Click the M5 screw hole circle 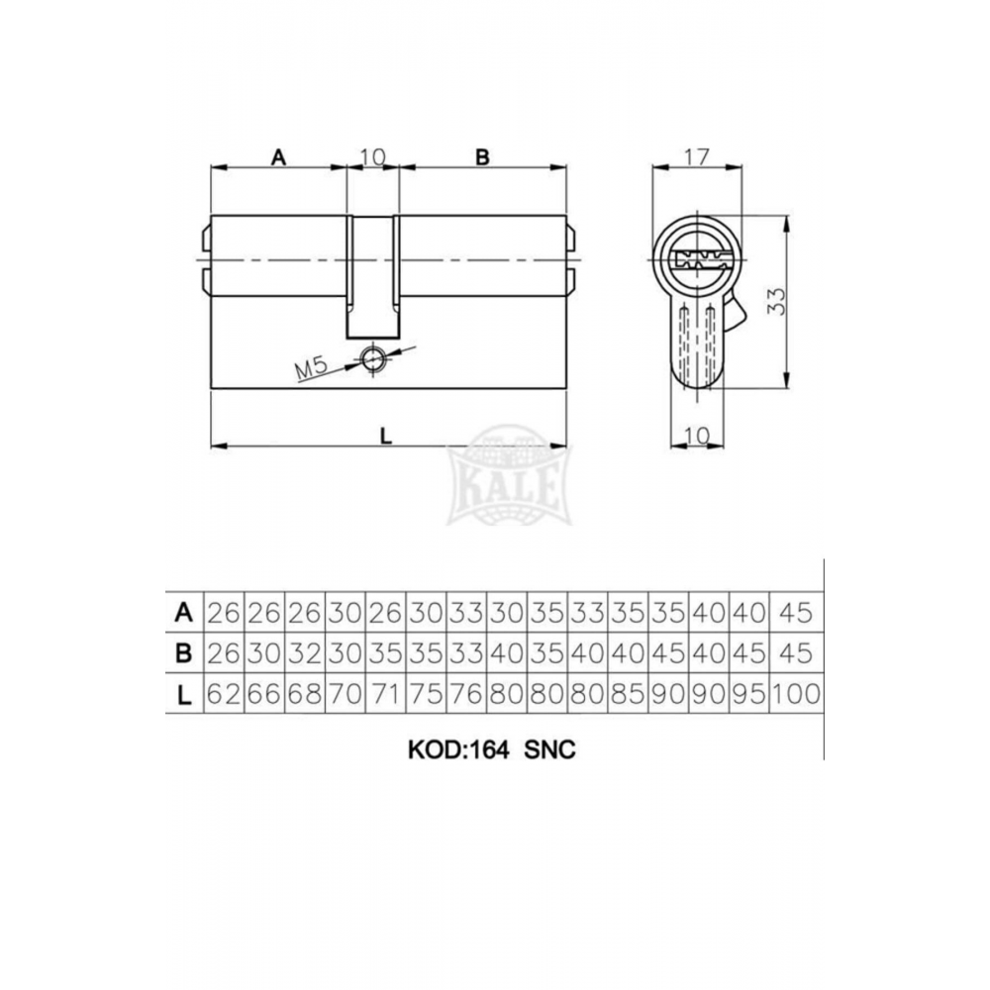coord(372,359)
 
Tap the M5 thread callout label coord(312,368)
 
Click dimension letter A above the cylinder coord(278,156)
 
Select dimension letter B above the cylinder coord(482,156)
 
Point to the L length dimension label coord(386,436)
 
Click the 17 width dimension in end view coord(697,156)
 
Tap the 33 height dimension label coord(776,301)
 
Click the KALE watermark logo coord(509,475)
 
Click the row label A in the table coord(184,613)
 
